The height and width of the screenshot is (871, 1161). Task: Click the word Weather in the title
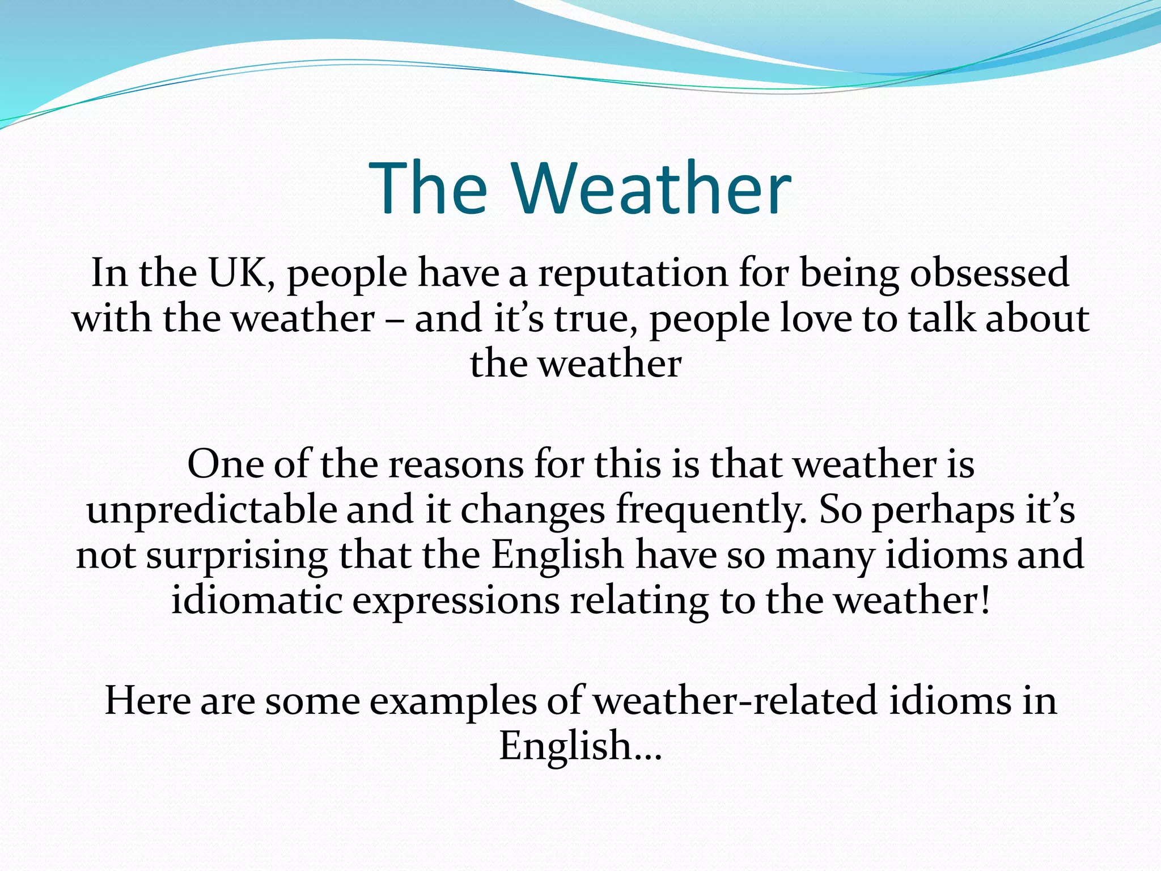(652, 188)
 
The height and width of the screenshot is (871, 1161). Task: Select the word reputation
(633, 274)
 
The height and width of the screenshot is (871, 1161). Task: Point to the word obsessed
(990, 273)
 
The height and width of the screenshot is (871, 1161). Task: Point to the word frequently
(712, 510)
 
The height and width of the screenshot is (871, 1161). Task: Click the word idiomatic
(257, 601)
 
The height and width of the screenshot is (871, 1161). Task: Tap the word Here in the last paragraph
(148, 701)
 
